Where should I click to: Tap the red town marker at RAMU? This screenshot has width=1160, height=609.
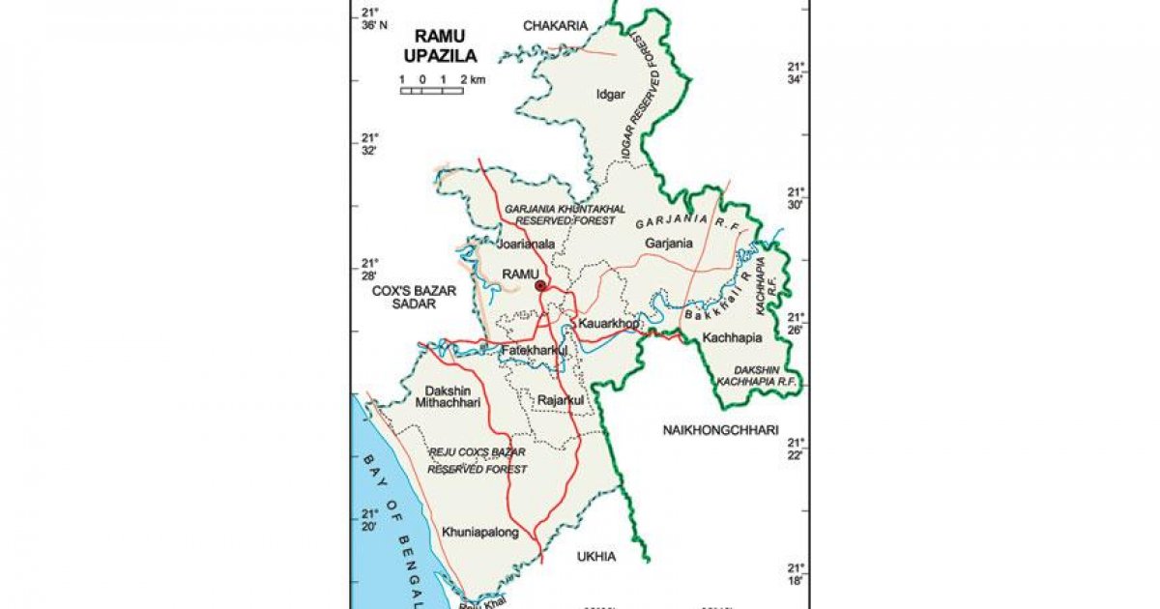[x=541, y=285]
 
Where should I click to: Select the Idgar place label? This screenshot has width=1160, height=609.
[x=611, y=94]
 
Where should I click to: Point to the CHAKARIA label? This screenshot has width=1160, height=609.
[x=555, y=26]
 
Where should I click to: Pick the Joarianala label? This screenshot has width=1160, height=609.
[x=527, y=245]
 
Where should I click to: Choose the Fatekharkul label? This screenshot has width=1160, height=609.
[x=534, y=352]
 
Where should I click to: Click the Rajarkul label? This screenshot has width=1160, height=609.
[x=562, y=399]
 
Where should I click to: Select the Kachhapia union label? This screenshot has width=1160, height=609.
[x=733, y=337]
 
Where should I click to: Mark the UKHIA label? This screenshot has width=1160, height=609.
[x=595, y=557]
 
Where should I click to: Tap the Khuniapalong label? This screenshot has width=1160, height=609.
[x=479, y=532]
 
